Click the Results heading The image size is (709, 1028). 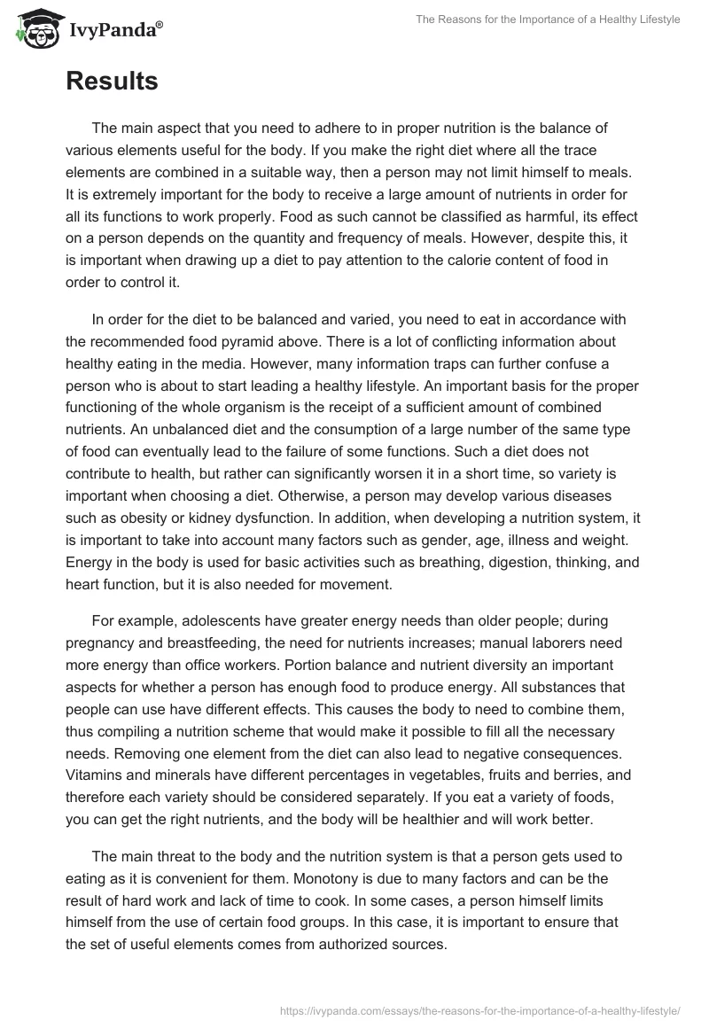tap(112, 82)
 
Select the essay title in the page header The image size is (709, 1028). tap(547, 19)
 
